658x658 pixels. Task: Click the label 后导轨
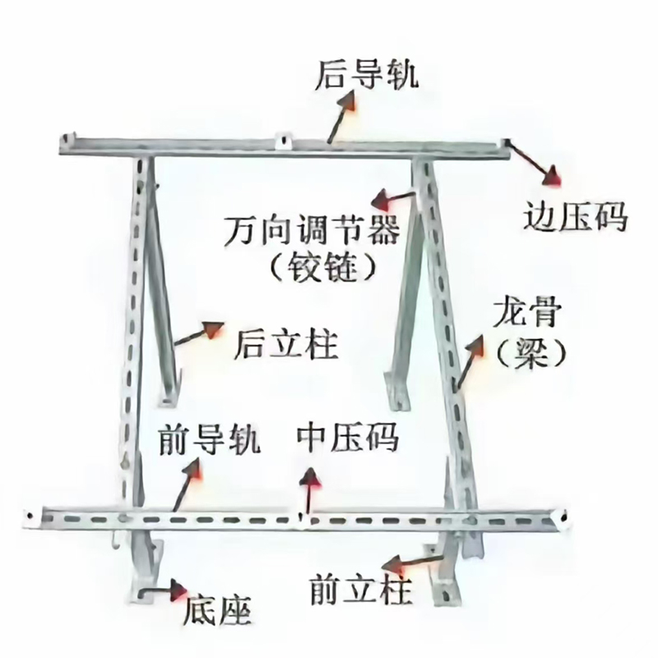click(366, 75)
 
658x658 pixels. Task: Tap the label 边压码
click(575, 216)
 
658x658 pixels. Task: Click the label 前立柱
click(360, 590)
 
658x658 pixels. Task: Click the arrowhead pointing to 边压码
click(552, 176)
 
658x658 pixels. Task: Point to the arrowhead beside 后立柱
click(214, 329)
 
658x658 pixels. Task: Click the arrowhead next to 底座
click(178, 590)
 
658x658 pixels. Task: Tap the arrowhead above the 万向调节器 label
click(382, 199)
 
